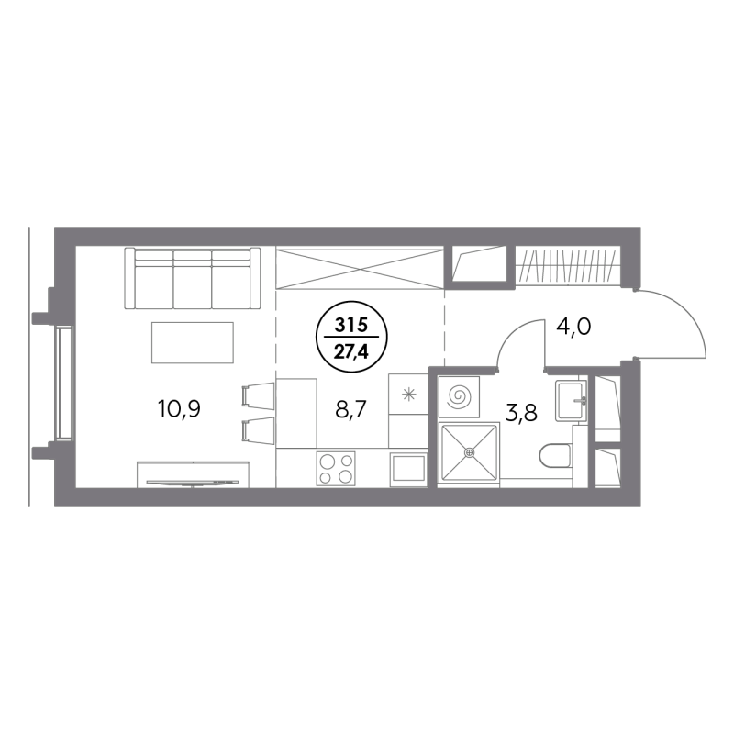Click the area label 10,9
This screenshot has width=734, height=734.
(179, 408)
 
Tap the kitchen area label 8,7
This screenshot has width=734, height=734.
(350, 408)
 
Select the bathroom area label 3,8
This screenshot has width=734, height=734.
(521, 413)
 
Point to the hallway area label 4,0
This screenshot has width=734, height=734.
(573, 327)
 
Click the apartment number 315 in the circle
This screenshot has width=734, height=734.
(351, 325)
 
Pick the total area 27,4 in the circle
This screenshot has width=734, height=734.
(351, 351)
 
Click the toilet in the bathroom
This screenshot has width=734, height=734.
(555, 455)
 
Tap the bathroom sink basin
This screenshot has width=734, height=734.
(571, 401)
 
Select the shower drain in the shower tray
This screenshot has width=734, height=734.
(469, 452)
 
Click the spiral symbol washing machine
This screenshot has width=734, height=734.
(460, 397)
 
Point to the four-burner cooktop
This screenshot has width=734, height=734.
(336, 468)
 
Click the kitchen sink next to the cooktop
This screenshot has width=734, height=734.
(408, 468)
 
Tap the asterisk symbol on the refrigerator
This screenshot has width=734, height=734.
(409, 395)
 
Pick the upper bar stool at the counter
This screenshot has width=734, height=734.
(258, 395)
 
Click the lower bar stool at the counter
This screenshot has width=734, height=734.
(258, 429)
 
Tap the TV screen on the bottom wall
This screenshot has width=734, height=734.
(193, 482)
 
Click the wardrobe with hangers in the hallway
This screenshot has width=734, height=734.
(568, 266)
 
